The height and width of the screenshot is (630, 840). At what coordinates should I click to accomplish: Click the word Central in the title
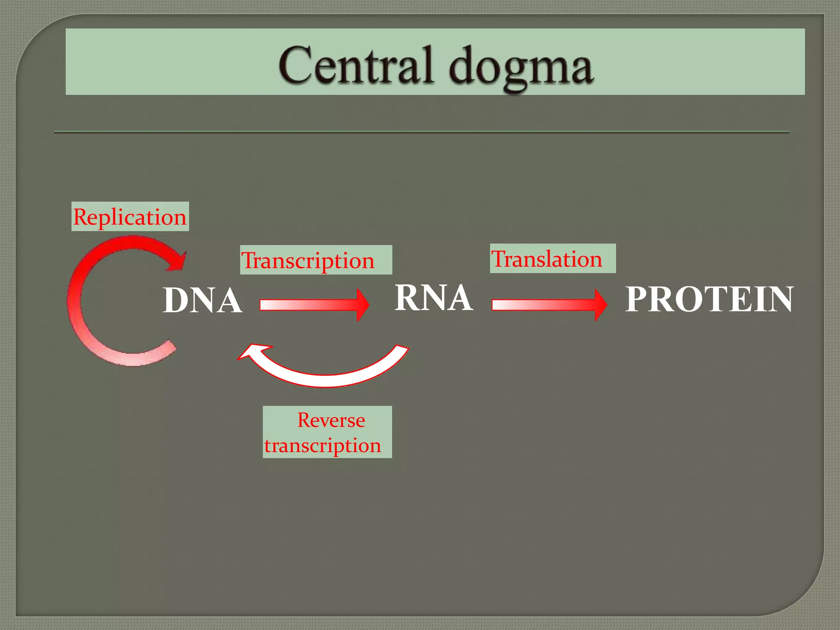(356, 66)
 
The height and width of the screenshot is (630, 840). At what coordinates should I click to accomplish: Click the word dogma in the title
(521, 68)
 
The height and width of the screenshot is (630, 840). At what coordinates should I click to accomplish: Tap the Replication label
(130, 217)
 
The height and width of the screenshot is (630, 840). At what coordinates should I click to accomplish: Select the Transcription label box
(316, 260)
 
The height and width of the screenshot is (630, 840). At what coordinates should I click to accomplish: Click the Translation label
(552, 258)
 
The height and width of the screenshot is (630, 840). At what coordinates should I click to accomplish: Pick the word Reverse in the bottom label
(331, 420)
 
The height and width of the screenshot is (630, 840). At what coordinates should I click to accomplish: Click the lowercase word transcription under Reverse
(322, 445)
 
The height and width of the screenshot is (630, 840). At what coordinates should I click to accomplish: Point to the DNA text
(202, 300)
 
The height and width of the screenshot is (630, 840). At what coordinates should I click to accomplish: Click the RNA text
(433, 298)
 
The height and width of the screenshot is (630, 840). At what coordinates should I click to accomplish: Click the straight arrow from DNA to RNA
(308, 305)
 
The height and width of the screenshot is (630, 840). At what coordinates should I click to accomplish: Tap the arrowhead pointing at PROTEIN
(600, 305)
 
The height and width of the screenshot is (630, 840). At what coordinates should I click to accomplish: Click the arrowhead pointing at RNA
(363, 305)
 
